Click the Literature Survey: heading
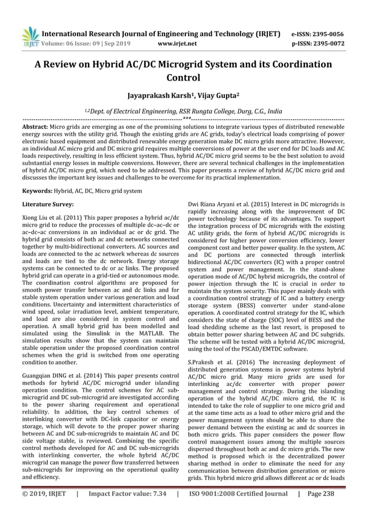click(47, 204)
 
